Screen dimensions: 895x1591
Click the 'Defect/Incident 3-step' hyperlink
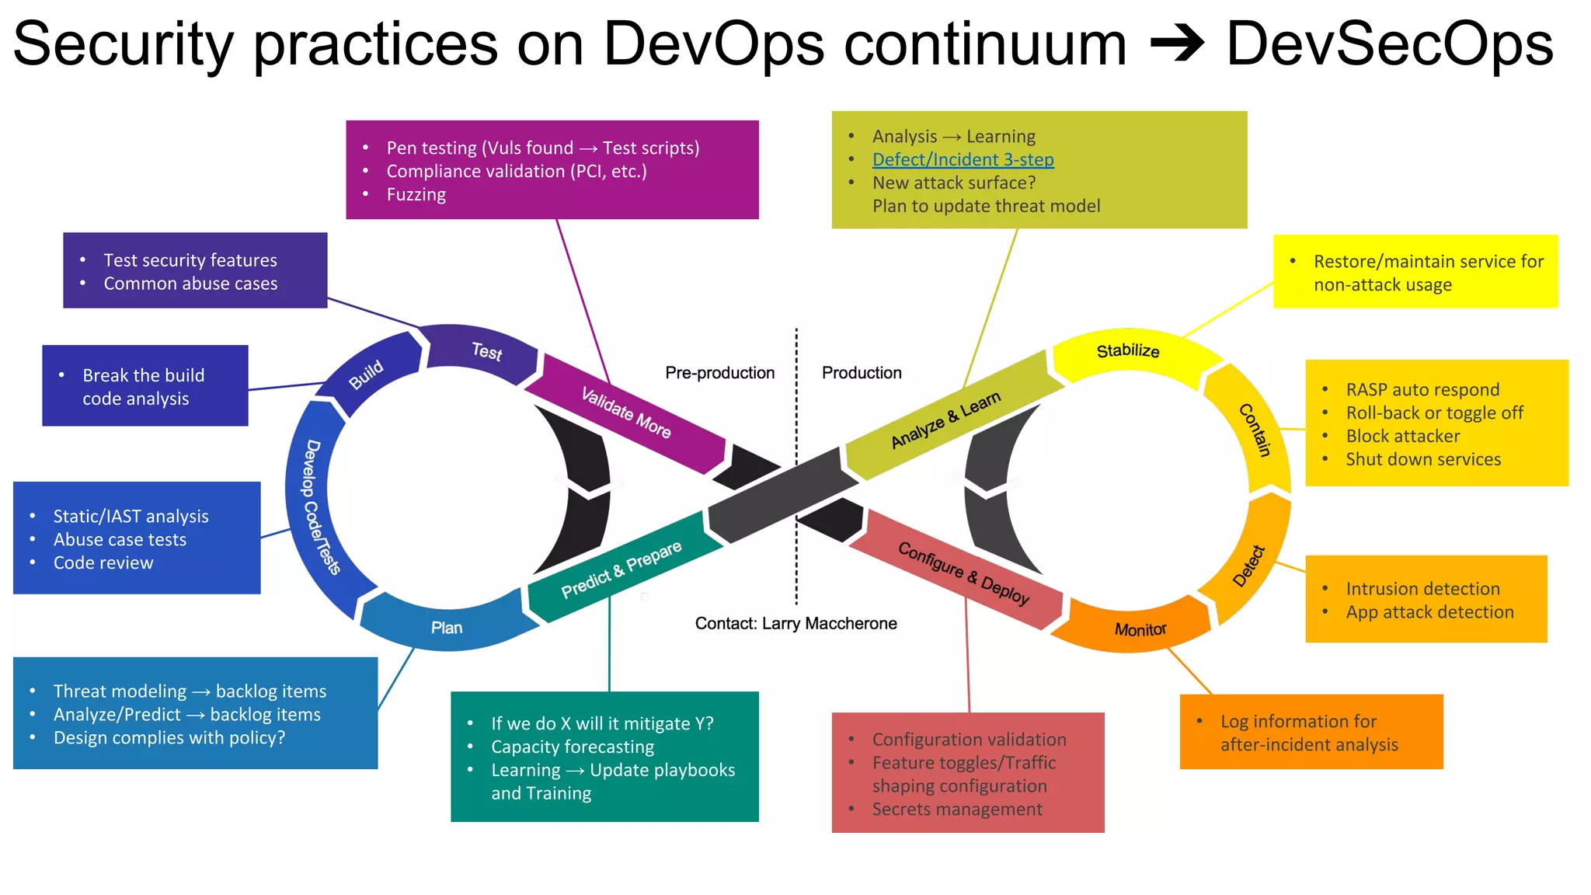click(963, 160)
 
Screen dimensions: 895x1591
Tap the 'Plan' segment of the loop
click(447, 627)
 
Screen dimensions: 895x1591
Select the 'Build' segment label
click(367, 374)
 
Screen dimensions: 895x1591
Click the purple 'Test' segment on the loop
click(486, 352)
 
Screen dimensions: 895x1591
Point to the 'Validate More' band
click(626, 413)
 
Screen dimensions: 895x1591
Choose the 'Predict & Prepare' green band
click(621, 569)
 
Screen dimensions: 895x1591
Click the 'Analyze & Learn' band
click(945, 420)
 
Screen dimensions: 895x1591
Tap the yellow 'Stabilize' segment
click(1127, 351)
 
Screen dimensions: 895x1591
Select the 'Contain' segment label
click(1254, 430)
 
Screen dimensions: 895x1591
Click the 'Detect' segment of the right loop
click(1248, 566)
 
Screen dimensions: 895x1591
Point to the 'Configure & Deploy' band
click(963, 573)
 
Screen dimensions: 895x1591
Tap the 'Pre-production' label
click(719, 373)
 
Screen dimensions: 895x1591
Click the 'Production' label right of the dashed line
click(862, 373)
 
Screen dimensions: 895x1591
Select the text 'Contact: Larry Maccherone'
click(795, 623)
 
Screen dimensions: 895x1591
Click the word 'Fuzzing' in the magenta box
click(416, 195)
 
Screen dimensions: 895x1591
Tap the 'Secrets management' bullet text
click(956, 810)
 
